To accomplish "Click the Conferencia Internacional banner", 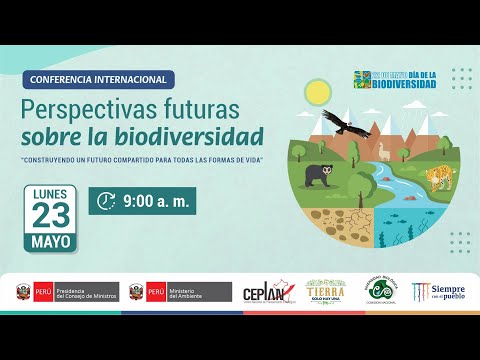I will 99,79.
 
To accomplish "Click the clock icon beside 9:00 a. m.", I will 105,201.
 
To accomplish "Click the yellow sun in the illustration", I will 318,93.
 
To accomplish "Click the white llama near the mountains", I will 383,152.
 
